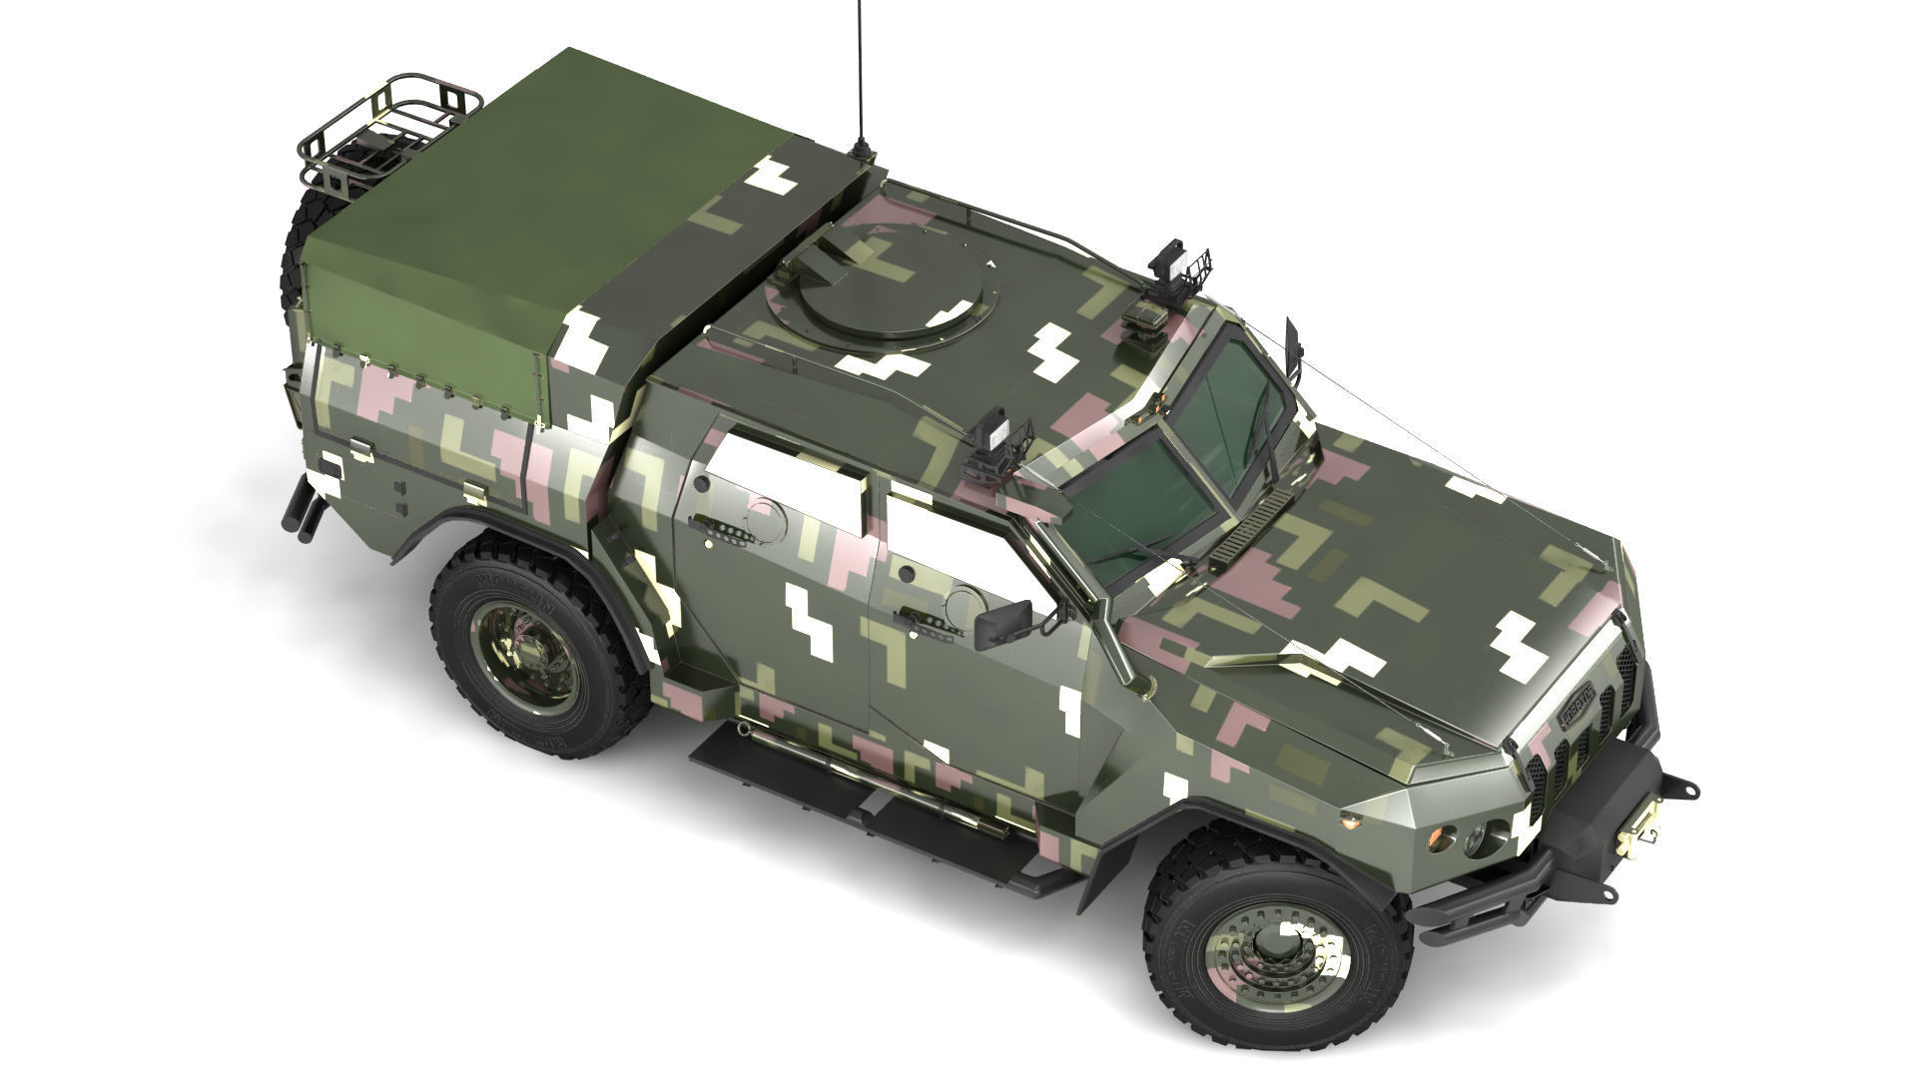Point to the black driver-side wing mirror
[x=1003, y=623]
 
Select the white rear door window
[x=789, y=477]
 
